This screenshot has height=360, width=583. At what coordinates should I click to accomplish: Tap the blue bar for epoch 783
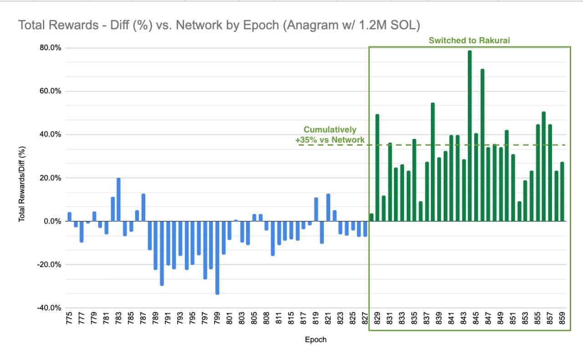pyautogui.click(x=118, y=199)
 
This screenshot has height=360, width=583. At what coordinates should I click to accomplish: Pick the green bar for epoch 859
pyautogui.click(x=562, y=192)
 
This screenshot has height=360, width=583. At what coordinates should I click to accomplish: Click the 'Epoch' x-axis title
pyautogui.click(x=315, y=340)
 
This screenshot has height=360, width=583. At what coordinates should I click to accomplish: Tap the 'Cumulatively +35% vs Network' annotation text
pyautogui.click(x=330, y=135)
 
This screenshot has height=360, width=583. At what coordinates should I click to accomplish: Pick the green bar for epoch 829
pyautogui.click(x=377, y=168)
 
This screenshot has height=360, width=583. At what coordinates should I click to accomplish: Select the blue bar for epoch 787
pyautogui.click(x=143, y=208)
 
